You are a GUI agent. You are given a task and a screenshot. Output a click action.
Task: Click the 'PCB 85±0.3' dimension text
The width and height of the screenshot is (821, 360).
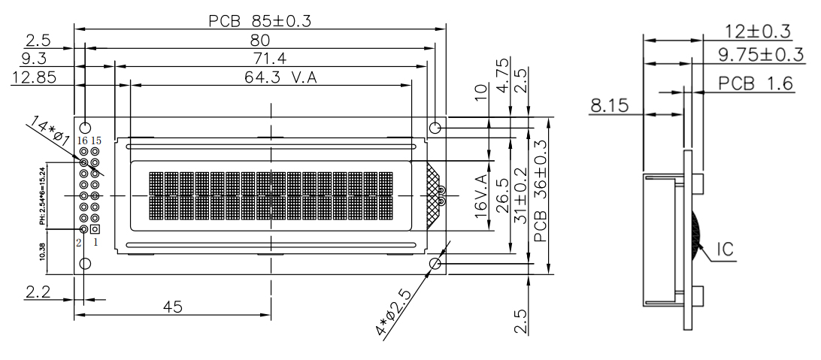pos(259,21)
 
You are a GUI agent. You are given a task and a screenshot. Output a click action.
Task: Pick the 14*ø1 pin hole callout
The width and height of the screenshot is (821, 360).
pos(51,129)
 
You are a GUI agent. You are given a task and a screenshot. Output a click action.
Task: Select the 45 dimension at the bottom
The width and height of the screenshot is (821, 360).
pos(173,307)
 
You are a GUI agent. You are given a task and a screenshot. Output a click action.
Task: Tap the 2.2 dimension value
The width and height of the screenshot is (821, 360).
pos(38,292)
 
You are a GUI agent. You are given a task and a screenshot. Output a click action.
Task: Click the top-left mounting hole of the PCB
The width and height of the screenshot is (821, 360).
pos(85,128)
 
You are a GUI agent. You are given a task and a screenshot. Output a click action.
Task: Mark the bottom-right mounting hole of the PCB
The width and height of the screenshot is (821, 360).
pos(435,264)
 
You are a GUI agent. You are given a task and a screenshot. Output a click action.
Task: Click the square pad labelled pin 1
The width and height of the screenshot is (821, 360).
pos(95,228)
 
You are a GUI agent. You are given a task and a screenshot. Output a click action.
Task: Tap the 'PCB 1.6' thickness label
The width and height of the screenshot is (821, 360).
pos(755,83)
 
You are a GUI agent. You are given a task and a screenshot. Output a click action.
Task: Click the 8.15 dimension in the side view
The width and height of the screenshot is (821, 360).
pos(608,106)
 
